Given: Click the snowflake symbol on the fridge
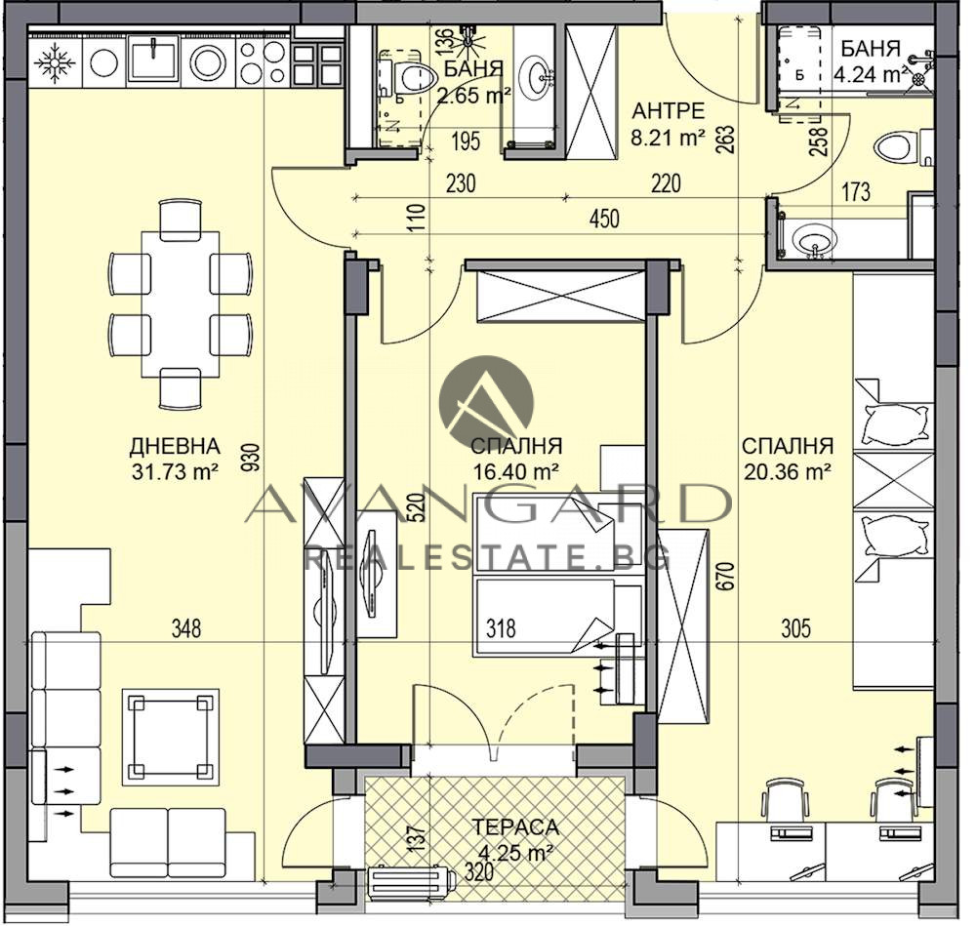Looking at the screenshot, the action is pos(54,63).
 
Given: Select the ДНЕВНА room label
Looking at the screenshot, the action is pos(175,446).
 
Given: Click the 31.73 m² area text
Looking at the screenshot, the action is pos(175,472).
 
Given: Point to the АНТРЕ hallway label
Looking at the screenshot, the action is pos(669,111).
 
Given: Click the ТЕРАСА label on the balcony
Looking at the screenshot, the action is pos(515,827).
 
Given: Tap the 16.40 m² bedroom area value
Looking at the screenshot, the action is pos(515,472).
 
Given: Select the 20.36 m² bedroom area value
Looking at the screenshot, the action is pos(788,472).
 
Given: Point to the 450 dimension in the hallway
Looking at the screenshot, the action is pos(604,219).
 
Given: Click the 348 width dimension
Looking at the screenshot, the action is pos(186,628).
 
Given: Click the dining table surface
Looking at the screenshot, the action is pos(181,304).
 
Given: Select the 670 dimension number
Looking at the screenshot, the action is pos(729,576).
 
